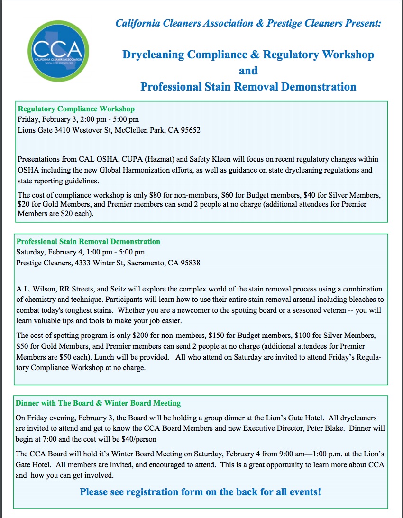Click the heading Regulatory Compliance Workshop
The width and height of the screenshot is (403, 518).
point(76,109)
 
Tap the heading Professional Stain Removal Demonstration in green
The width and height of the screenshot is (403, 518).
point(88,242)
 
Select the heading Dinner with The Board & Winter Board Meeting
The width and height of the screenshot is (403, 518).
point(98,403)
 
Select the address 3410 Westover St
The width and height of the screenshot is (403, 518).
point(81,130)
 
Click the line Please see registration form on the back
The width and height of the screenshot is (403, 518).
point(200,492)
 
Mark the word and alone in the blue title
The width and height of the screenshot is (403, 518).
point(248,71)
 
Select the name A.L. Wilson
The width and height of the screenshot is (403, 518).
point(37,289)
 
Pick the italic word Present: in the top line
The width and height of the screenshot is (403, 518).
point(363,23)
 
